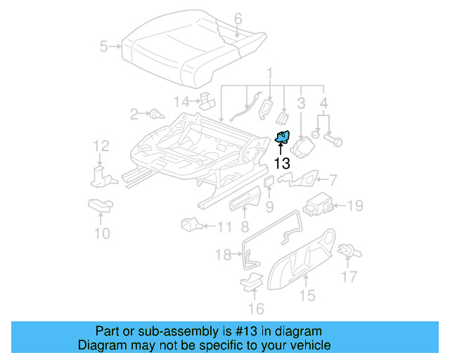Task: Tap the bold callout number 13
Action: coord(281,164)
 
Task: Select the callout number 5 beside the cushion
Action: coord(104,47)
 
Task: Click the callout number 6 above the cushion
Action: coord(238,18)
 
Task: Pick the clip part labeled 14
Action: coord(207,101)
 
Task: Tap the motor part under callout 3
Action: coord(302,148)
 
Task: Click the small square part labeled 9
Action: coord(269,182)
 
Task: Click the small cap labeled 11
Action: coord(189,225)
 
